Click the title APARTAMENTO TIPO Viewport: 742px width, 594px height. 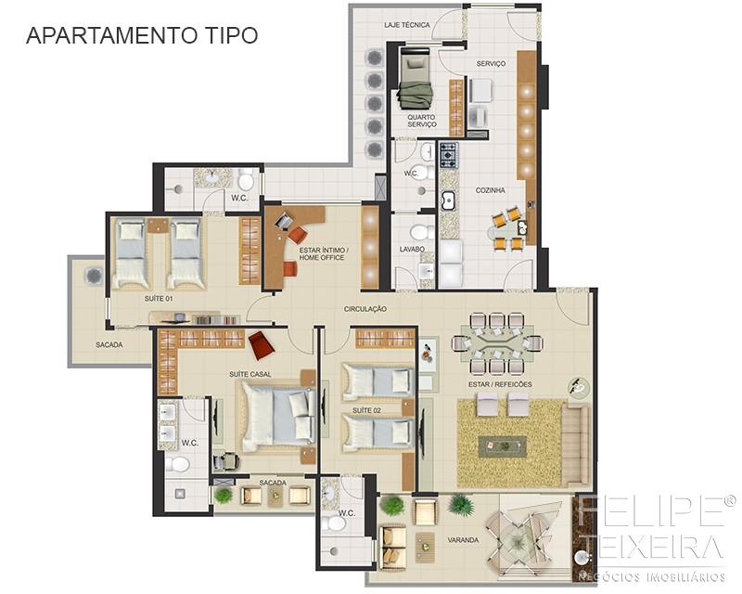point(142,35)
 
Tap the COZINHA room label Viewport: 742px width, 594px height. point(491,190)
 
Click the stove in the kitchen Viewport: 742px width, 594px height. point(449,155)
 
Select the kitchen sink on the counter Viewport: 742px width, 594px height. point(448,200)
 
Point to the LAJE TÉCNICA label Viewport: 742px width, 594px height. point(407,25)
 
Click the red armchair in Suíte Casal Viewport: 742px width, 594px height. point(262,345)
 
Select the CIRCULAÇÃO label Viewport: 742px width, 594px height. point(365,309)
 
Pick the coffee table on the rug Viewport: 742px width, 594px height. point(503,446)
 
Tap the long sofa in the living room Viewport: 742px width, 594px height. point(575,444)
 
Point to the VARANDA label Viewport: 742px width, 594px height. point(463,540)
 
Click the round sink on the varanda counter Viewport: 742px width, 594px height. point(582,558)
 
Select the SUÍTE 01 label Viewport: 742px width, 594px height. point(159,299)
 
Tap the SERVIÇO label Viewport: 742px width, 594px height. point(491,63)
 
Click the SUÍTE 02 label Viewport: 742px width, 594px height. point(366,410)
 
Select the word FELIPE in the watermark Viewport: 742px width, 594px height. point(652,510)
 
